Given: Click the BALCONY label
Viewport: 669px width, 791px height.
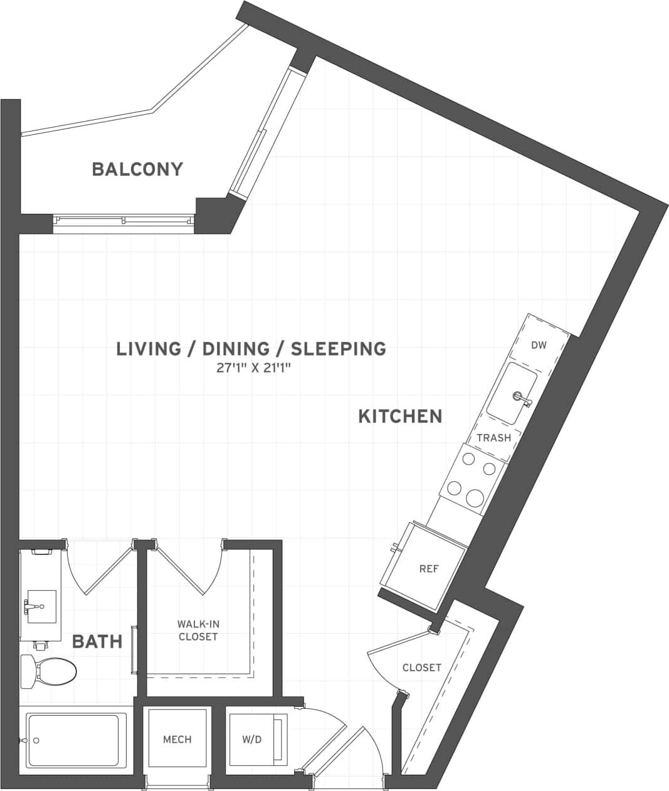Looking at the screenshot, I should point(137,169).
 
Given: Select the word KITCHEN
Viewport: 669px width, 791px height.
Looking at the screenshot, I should point(400,416).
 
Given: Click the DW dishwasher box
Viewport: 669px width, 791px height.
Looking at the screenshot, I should point(539,345).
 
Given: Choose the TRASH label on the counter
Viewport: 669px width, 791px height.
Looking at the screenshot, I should point(493,438).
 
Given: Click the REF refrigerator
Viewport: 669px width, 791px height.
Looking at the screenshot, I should point(429,569).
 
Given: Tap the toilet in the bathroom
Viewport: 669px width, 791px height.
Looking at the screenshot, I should point(48,671).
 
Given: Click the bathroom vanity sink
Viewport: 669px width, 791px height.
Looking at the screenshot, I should point(40,607).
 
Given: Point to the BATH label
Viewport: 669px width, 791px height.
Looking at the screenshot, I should point(97,641).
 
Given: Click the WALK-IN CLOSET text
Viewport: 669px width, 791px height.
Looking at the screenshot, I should point(198,630).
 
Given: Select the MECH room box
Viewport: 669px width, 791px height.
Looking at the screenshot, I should point(177,740).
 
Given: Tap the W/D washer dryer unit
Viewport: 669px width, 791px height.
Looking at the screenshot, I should point(252,740).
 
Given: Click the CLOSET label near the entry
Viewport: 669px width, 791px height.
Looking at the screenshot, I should point(421,667).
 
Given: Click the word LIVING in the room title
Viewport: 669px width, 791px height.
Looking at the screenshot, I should point(149,348).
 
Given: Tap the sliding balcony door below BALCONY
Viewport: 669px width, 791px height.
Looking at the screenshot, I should point(124,220).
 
